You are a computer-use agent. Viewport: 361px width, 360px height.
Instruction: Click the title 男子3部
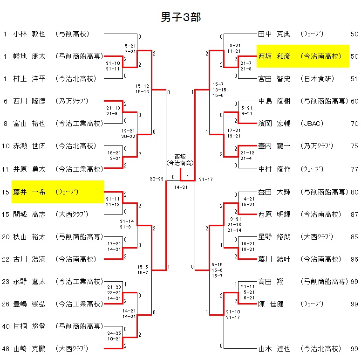(181, 17)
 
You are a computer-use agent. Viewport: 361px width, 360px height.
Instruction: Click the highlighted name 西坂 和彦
(274, 56)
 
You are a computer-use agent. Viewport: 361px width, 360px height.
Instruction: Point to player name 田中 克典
(274, 34)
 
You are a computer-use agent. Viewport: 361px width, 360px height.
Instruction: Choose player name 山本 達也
(274, 349)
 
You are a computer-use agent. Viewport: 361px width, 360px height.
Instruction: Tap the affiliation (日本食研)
(317, 79)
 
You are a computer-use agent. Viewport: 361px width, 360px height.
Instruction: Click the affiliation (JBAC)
(310, 124)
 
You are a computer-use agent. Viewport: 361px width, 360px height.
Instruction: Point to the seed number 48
(6, 349)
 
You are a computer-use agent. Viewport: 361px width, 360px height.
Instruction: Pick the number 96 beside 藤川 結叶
(354, 259)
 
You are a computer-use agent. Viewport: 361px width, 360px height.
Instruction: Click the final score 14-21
(181, 187)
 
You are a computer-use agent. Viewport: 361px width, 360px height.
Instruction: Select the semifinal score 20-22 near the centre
(157, 179)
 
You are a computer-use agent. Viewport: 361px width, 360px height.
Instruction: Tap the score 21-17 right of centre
(205, 179)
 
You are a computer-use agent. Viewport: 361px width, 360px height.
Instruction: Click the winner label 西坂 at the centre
(181, 156)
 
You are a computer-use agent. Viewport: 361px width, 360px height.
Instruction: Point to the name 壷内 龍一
(274, 146)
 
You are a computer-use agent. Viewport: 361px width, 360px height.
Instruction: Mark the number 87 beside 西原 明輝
(354, 215)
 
